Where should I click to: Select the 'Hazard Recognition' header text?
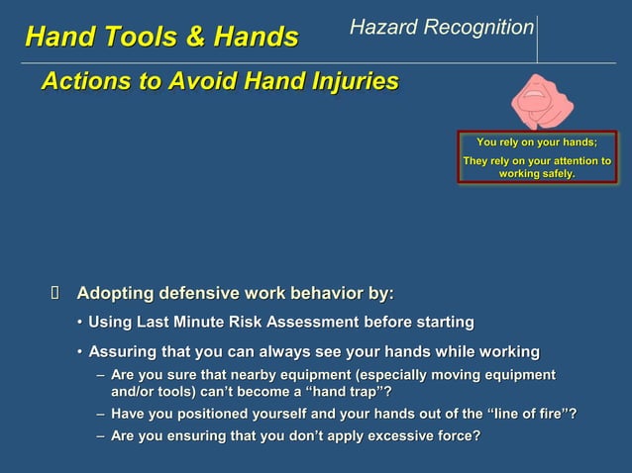tap(442, 28)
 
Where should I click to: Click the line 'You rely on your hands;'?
tap(537, 143)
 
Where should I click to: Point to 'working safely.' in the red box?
tap(537, 174)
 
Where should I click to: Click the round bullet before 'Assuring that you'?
tap(80, 352)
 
